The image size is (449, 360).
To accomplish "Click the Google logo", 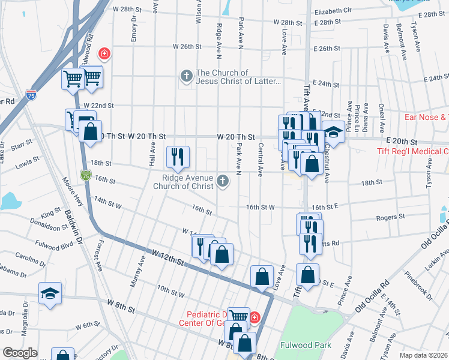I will (20, 353).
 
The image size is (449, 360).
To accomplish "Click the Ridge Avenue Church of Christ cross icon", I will (223, 181).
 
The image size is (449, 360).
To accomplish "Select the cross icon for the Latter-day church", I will (187, 76).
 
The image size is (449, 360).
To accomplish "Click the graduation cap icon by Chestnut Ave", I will (333, 131).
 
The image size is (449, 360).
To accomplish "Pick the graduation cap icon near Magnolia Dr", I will (50, 293).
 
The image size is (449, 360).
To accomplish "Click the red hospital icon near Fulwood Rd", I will (104, 54).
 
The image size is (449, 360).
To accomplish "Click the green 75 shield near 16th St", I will (86, 175).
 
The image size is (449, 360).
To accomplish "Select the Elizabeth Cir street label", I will (333, 11).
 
